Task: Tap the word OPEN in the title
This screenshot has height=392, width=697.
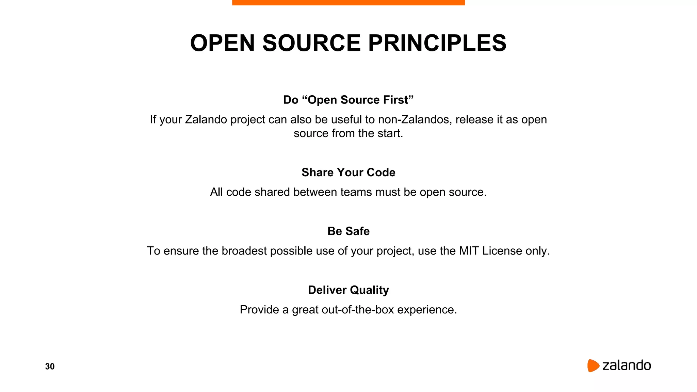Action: [x=222, y=43]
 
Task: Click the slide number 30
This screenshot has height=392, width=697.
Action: [x=50, y=366]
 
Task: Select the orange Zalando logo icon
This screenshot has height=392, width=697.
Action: [x=593, y=365]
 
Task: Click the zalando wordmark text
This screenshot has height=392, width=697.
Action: [x=626, y=365]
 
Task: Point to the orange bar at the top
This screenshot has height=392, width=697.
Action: [x=348, y=2]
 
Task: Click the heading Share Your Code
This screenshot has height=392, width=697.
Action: [x=348, y=173]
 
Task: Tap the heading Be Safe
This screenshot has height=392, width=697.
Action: [x=348, y=231]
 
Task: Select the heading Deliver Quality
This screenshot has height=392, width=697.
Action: [x=348, y=290]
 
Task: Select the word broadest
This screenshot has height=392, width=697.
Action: [x=244, y=251]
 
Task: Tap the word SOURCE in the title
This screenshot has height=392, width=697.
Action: [x=311, y=43]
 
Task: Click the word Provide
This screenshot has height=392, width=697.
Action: [x=259, y=310]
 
